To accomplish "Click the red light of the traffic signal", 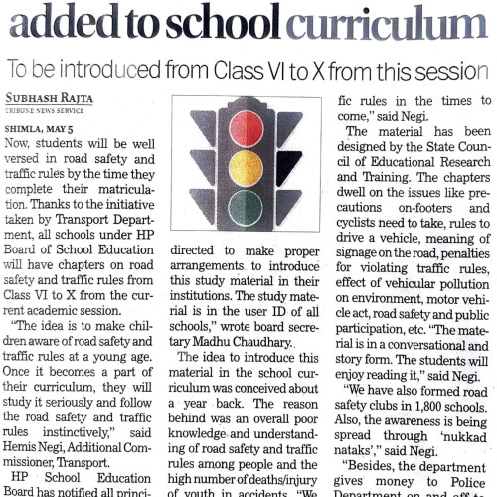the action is tap(246, 129).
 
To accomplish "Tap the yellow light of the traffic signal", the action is tap(246, 169).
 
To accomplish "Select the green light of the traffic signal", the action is tap(246, 208).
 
